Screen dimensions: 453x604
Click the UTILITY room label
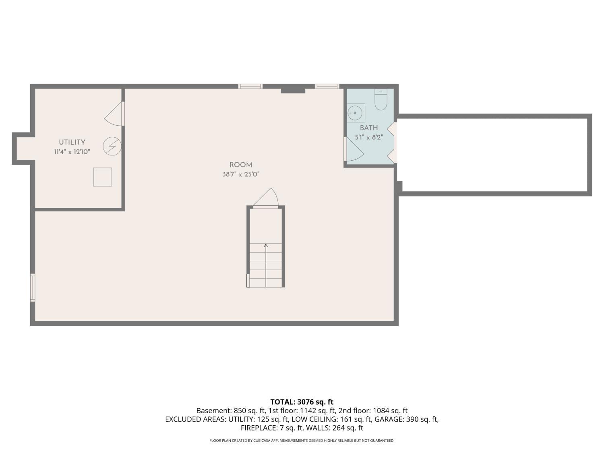[x=72, y=142]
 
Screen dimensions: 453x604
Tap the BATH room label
[x=369, y=128]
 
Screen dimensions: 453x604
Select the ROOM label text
[x=241, y=165]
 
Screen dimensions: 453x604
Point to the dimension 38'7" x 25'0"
[x=241, y=174]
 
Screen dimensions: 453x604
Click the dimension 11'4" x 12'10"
[x=72, y=152]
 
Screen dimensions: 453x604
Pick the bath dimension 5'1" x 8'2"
[x=369, y=137]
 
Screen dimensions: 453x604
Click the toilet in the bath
[x=381, y=100]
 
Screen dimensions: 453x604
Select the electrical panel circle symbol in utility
[x=112, y=146]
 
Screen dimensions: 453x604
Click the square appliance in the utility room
[x=102, y=177]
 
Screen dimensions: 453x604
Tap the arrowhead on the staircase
[x=266, y=245]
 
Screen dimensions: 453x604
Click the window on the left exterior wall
[x=33, y=288]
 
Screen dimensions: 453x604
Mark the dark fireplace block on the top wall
[x=293, y=89]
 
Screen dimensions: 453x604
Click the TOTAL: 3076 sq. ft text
[x=302, y=402]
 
